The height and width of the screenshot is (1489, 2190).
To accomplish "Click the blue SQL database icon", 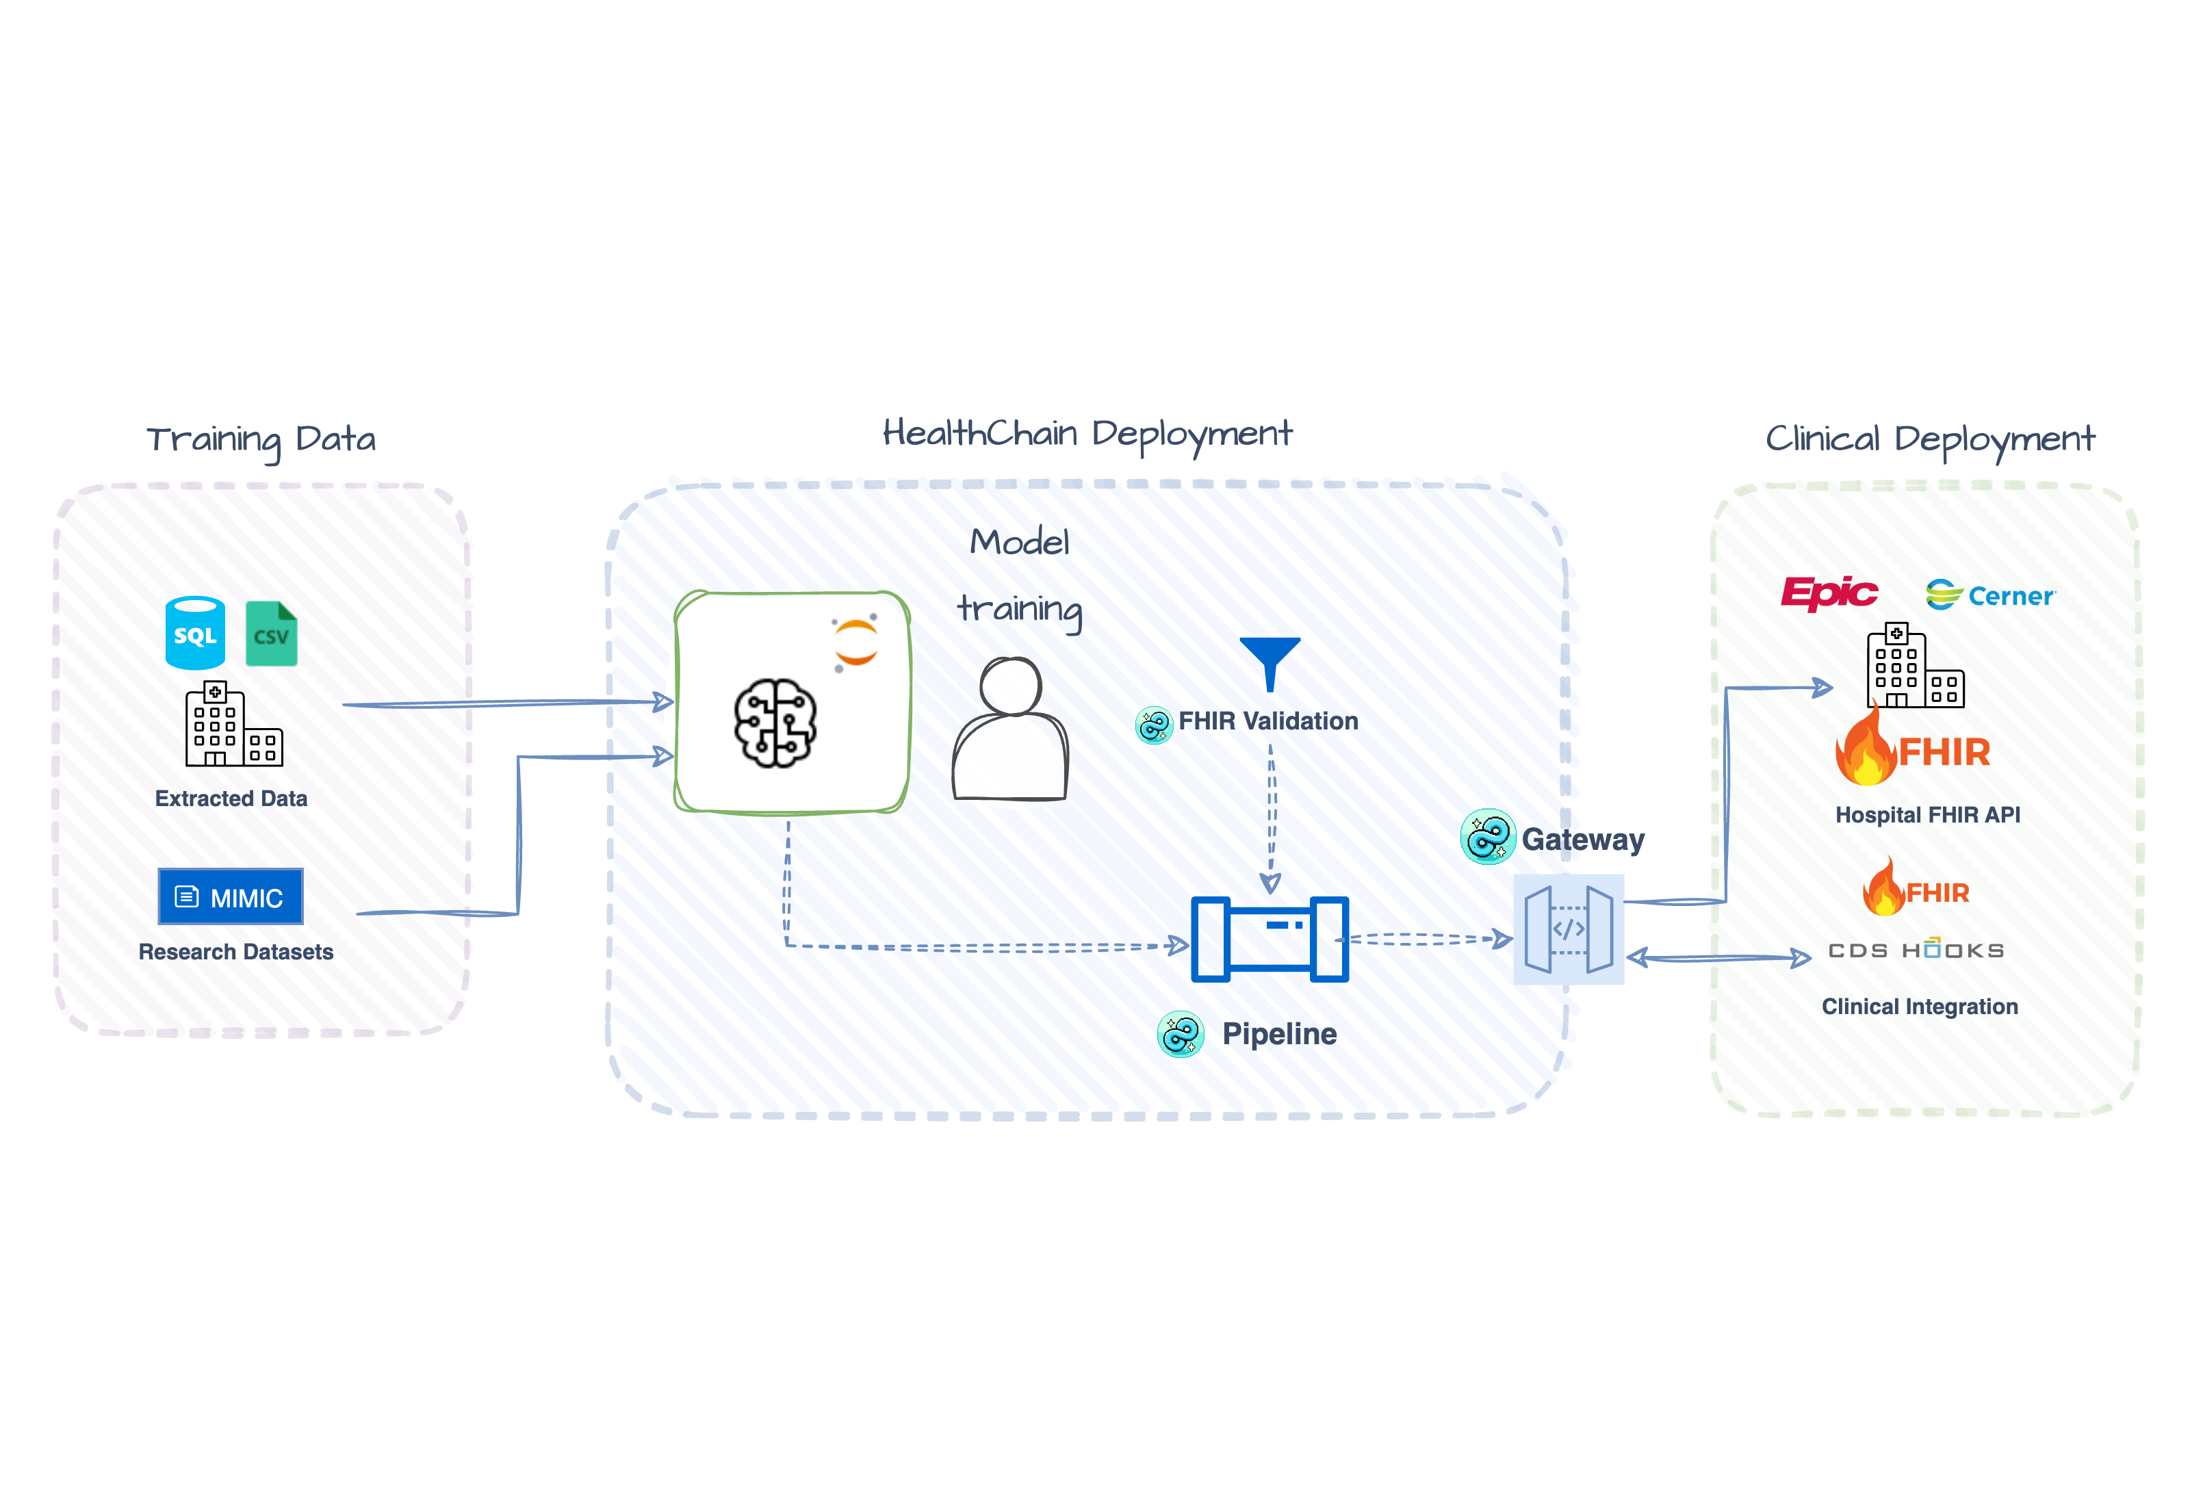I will click(x=195, y=632).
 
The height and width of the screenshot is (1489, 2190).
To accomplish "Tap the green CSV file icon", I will click(x=272, y=634).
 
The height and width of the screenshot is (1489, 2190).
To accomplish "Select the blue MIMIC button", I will click(x=231, y=896).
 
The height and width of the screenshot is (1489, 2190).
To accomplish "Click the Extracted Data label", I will click(x=231, y=799).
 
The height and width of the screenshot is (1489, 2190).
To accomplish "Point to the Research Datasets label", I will click(x=235, y=952).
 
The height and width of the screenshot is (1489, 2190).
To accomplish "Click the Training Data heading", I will click(x=261, y=439).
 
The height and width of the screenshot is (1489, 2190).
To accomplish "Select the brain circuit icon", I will click(x=775, y=723).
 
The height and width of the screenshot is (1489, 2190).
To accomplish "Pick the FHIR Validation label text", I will click(x=1267, y=721).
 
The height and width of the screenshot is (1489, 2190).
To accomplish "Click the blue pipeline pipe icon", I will click(x=1270, y=939).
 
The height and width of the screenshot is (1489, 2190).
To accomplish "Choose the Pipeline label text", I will click(x=1279, y=1034).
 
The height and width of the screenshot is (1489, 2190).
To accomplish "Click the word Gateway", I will click(x=1582, y=839).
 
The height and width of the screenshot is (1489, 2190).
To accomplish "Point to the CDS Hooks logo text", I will click(x=1916, y=950).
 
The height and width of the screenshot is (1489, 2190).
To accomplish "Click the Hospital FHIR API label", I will click(x=1927, y=814).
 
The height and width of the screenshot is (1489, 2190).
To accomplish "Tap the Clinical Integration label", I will click(x=1920, y=1007).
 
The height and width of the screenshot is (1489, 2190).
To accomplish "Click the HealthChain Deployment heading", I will click(x=1087, y=434).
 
